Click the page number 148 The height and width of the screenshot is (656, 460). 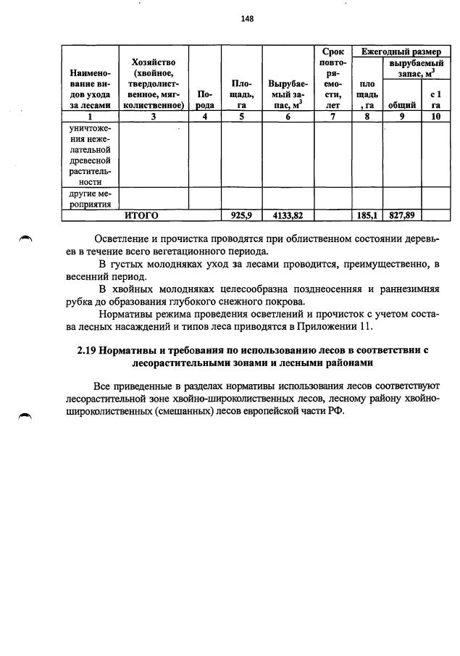pyautogui.click(x=247, y=19)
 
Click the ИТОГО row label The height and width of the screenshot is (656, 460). pyautogui.click(x=141, y=215)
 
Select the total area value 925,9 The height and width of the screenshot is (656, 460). pyautogui.click(x=241, y=215)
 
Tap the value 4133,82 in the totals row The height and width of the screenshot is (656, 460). pyautogui.click(x=288, y=215)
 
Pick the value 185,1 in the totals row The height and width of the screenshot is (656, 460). pyautogui.click(x=367, y=215)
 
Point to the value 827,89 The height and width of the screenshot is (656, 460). pyautogui.click(x=401, y=215)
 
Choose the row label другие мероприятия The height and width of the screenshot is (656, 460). pyautogui.click(x=90, y=199)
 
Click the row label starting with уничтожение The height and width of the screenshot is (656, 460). pyautogui.click(x=90, y=155)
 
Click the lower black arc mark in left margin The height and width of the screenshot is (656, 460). pyautogui.click(x=26, y=416)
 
